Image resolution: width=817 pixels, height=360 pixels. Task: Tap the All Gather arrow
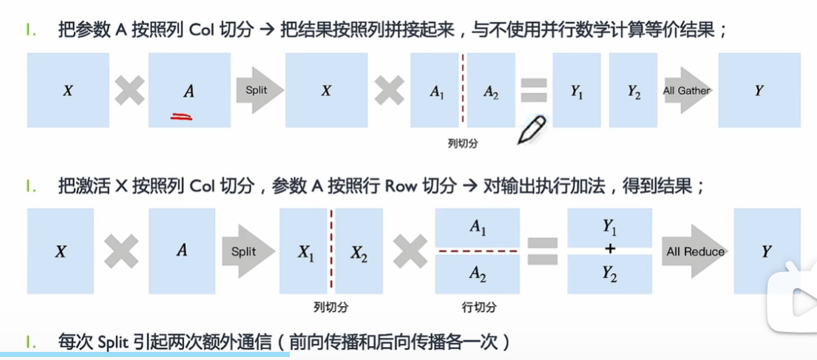(687, 91)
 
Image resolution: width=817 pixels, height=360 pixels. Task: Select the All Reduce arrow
(694, 251)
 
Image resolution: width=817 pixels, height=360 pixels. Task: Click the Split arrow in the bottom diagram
(243, 251)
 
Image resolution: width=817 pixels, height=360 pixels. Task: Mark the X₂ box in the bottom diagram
(359, 252)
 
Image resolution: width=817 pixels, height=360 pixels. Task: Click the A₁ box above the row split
(478, 228)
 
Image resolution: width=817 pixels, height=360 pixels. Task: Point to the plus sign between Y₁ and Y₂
(610, 251)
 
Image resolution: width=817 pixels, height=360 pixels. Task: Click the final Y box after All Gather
(759, 90)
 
